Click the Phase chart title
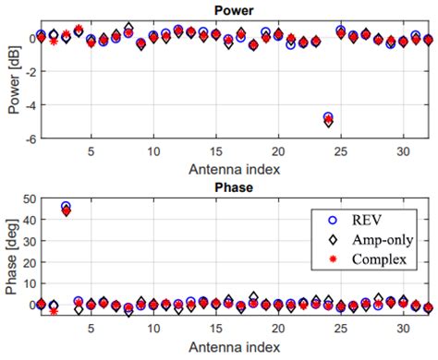click(234, 187)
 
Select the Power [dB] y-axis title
click(12, 81)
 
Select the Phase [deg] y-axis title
click(12, 256)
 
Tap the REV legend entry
click(368, 220)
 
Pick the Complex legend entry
click(379, 260)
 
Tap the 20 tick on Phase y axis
click(21, 262)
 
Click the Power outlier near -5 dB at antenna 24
click(329, 119)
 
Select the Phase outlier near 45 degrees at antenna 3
click(66, 210)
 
